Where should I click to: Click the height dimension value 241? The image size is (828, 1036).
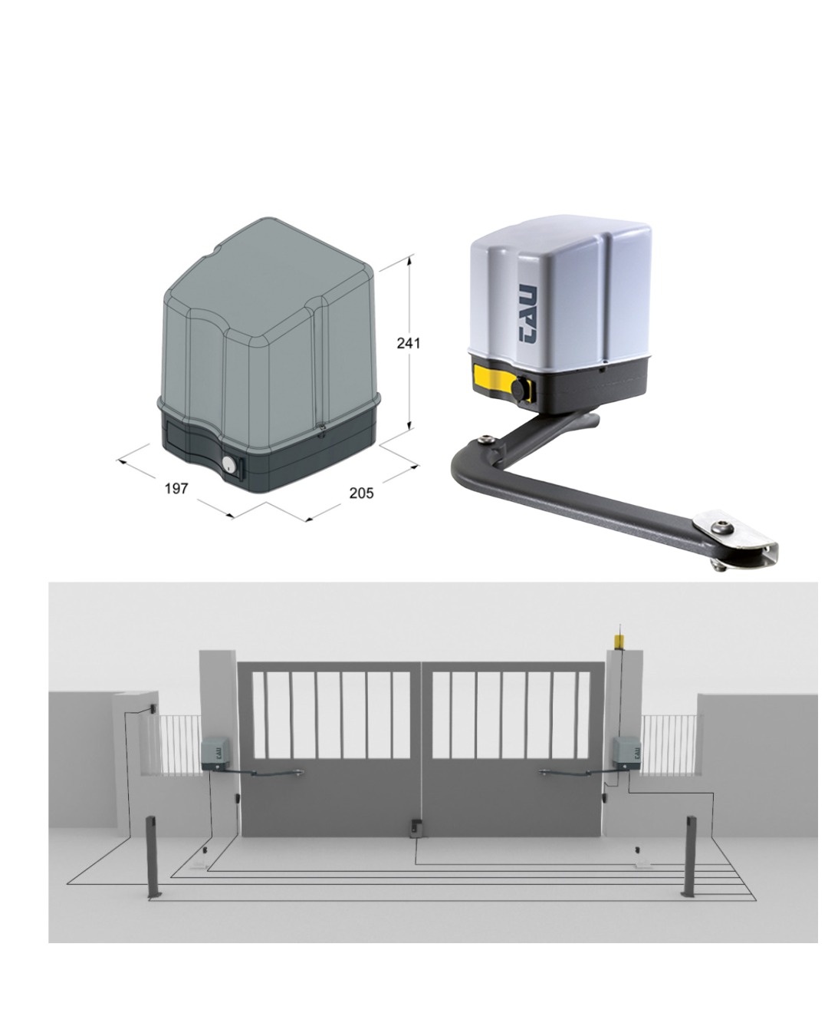click(408, 343)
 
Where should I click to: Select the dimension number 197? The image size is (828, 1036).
click(176, 489)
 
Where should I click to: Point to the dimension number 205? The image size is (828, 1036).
click(361, 493)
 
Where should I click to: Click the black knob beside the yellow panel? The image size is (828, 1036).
click(520, 389)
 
